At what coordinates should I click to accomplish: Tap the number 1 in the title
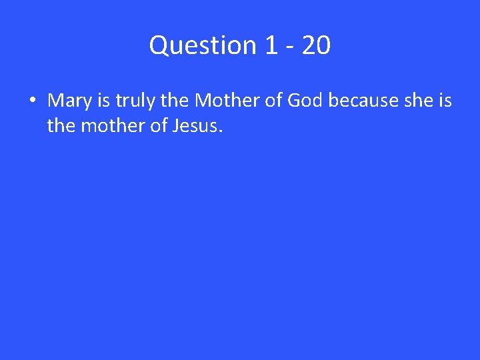tap(271, 45)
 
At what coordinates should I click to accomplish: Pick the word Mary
tap(69, 101)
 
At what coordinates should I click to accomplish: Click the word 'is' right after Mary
tap(103, 101)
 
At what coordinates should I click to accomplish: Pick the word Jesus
tap(193, 125)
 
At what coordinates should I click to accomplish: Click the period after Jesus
tap(219, 131)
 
